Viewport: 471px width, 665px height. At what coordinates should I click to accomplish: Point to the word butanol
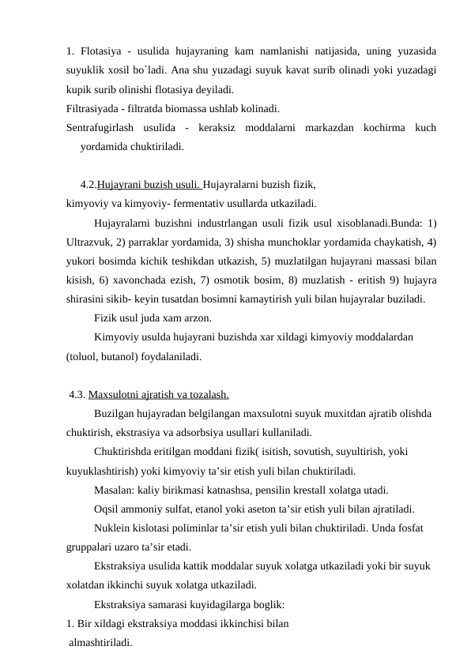coord(121,356)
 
